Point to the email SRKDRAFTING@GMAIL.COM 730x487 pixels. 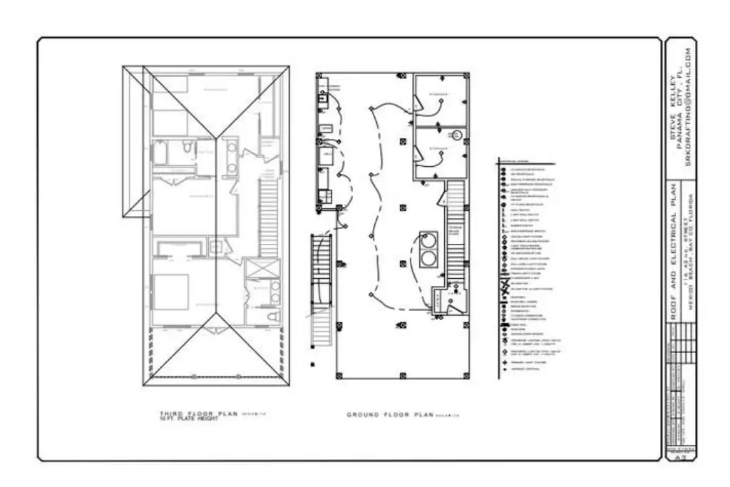(689, 107)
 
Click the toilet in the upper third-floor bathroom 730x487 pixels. (187, 148)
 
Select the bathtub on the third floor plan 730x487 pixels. (160, 153)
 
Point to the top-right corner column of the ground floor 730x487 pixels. (466, 73)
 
